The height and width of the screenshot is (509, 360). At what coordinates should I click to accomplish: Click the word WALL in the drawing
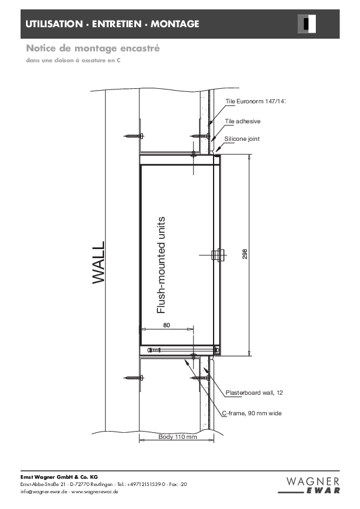(x=99, y=262)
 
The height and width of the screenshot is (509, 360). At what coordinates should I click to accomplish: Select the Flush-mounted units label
(x=161, y=265)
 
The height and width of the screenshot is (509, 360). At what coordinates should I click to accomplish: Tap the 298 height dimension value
(x=245, y=254)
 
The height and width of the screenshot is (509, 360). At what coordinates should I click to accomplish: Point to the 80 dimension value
(x=166, y=325)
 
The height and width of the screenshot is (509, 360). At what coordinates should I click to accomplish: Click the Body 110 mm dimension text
(x=177, y=436)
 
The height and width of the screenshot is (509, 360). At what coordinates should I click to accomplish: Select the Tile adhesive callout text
(x=243, y=122)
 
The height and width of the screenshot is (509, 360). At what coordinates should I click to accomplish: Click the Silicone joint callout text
(x=242, y=139)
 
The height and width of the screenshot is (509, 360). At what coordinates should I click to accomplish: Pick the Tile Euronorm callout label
(x=255, y=102)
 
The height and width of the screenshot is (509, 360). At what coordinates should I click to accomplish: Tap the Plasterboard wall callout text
(x=254, y=393)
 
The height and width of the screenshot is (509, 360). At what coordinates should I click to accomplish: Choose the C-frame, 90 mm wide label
(x=252, y=413)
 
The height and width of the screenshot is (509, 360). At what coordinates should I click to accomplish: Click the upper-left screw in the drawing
(x=134, y=136)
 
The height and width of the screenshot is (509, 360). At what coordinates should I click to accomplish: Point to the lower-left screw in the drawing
(x=134, y=378)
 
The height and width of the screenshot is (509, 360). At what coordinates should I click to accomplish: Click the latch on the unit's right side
(x=218, y=254)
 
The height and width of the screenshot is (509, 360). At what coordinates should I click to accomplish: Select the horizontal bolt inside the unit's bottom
(x=154, y=350)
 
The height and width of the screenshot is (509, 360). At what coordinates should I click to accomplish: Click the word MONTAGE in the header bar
(x=175, y=24)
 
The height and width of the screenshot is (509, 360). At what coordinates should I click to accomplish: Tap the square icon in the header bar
(x=306, y=24)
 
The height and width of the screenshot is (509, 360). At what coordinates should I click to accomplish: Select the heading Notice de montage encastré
(x=93, y=48)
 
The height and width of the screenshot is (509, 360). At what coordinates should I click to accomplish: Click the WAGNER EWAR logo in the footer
(x=309, y=485)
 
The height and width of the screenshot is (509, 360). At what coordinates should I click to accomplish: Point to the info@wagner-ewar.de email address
(x=44, y=491)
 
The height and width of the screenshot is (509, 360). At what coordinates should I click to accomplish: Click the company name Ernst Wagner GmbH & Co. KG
(x=59, y=477)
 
